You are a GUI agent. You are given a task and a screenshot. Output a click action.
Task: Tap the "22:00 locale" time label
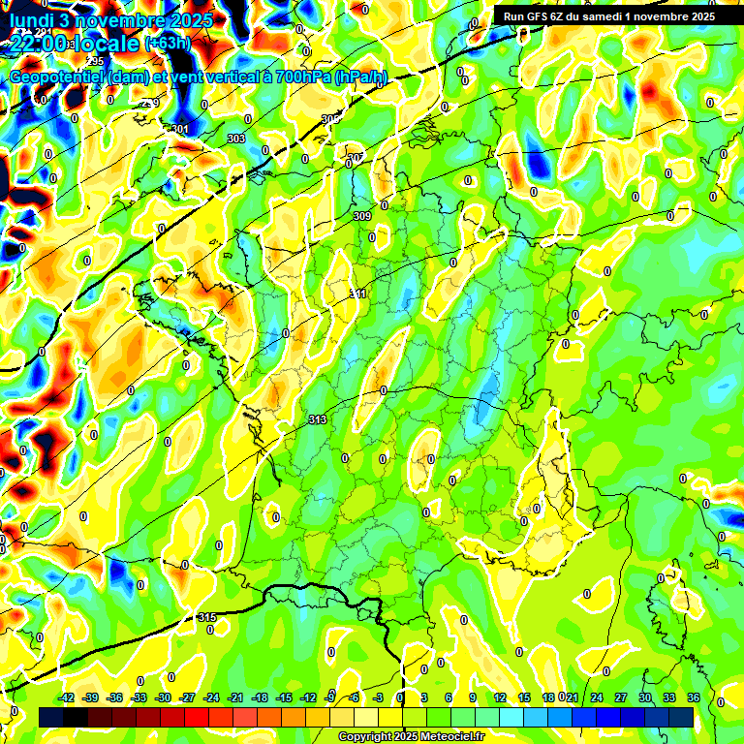click(74, 44)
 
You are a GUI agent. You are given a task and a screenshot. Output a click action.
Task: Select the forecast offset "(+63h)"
click(168, 44)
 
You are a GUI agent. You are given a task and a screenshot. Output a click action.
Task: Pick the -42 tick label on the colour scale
click(67, 697)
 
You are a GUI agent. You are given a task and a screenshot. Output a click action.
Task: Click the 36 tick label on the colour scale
click(694, 697)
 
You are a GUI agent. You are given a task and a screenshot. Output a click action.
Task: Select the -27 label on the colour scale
click(187, 697)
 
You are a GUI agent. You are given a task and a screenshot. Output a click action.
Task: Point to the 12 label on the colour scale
click(500, 697)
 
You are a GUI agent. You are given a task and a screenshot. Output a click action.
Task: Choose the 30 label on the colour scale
click(645, 697)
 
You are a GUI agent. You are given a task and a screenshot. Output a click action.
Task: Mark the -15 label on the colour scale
click(284, 697)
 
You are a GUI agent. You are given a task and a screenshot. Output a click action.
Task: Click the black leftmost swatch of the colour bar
click(51, 717)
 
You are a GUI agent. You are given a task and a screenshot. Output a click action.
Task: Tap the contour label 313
click(317, 419)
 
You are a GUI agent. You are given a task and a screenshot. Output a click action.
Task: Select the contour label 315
click(206, 617)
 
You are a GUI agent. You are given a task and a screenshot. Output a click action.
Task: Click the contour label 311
click(357, 294)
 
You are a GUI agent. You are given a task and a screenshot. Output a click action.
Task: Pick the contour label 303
click(235, 139)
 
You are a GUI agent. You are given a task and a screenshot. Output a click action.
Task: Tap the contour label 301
click(180, 129)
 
